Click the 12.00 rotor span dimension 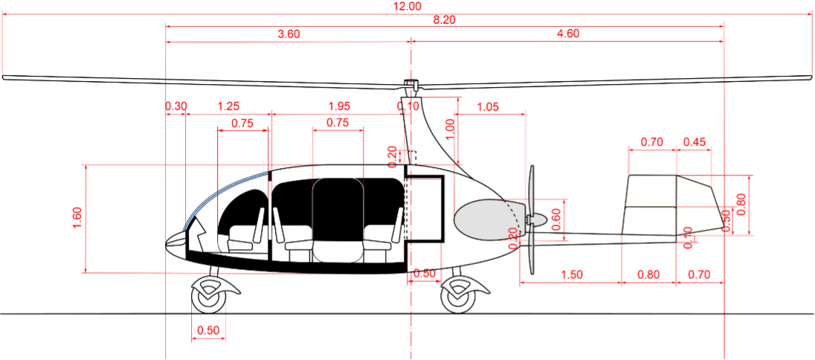coord(407,6)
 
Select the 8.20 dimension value coord(444,20)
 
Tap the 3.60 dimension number coord(289,34)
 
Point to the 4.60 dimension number coord(567,34)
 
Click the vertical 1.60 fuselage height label coord(77,218)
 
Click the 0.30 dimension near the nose coord(176,106)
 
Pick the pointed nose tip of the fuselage coord(167,242)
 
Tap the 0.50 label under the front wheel coord(209,331)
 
